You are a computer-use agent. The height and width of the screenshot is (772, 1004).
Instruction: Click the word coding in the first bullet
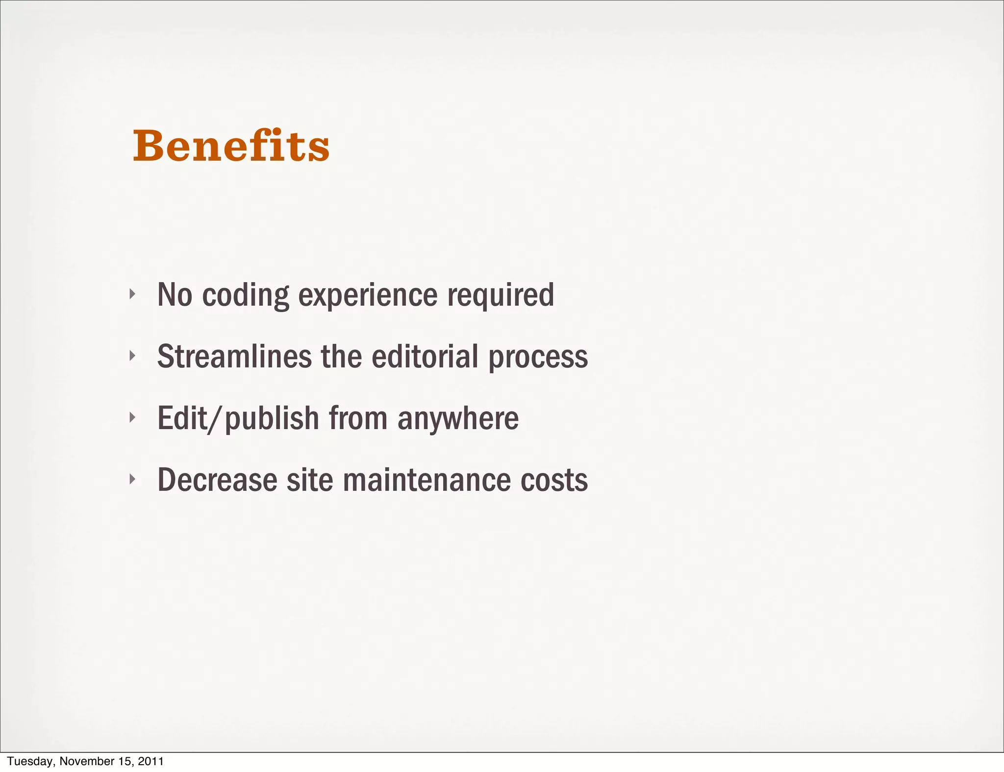[x=246, y=295]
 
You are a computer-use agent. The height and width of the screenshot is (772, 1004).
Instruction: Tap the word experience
[x=368, y=295]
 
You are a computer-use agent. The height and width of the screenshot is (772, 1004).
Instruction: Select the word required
[x=501, y=295]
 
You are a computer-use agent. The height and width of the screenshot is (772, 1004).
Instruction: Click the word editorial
[x=425, y=356]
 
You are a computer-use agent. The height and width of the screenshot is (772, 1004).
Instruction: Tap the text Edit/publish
[x=238, y=419]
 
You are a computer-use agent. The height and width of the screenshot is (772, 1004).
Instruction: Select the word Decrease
[x=217, y=480]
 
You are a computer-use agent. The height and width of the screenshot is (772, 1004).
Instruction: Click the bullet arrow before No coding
[x=131, y=294]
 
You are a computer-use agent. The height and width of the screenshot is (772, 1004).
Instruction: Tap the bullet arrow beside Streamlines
[x=131, y=356]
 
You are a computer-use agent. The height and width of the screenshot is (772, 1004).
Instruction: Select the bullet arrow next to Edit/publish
[x=131, y=417]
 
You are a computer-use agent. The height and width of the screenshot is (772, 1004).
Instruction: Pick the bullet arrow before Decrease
[x=131, y=479]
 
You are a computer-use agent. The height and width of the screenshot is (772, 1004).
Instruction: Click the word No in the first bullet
[x=175, y=295]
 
